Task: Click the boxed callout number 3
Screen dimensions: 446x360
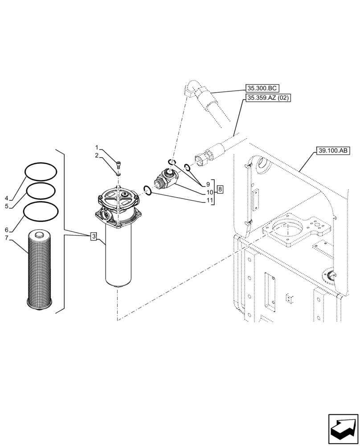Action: point(93,236)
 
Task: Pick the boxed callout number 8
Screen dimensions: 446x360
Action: point(220,190)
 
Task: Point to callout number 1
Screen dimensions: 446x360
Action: point(96,147)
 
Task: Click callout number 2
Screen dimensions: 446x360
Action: point(96,155)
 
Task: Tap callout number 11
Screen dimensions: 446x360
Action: point(208,200)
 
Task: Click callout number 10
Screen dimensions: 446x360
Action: point(208,192)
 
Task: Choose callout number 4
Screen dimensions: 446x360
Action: point(7,198)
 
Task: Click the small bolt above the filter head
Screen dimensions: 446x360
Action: point(118,165)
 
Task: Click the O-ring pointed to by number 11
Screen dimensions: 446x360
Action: point(148,190)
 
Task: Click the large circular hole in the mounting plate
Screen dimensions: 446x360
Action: point(288,227)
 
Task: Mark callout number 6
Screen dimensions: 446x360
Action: point(7,230)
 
